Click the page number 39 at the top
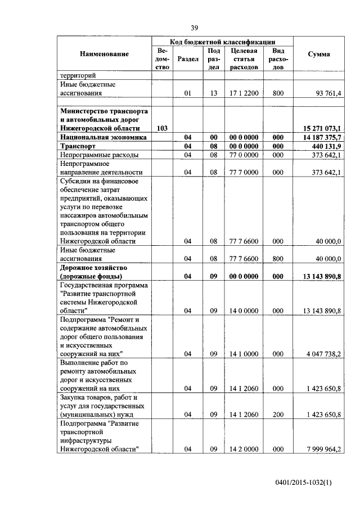[x=194, y=28]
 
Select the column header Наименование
[x=104, y=54]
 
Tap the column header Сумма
[x=319, y=54]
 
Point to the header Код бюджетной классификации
[x=223, y=42]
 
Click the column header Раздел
[x=188, y=58]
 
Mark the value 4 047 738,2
[x=321, y=354]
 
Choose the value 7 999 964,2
[x=321, y=449]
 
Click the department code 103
[x=161, y=128]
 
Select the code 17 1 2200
[x=244, y=93]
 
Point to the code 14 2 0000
[x=244, y=449]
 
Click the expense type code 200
[x=278, y=415]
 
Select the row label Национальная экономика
[x=103, y=137]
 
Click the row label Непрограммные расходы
[x=99, y=155]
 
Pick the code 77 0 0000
[x=244, y=155]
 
